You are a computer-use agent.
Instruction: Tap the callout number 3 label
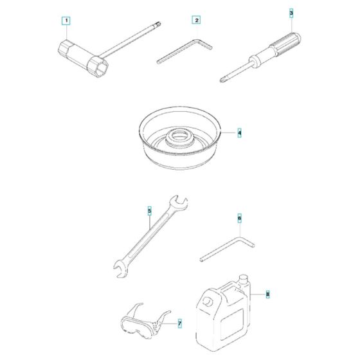[291, 13]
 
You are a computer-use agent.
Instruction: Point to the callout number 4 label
[240, 134]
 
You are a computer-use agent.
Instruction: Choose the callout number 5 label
[150, 210]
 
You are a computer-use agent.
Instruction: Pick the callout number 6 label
[240, 219]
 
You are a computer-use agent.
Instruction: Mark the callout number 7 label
[179, 323]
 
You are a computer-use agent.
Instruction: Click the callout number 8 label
[267, 295]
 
